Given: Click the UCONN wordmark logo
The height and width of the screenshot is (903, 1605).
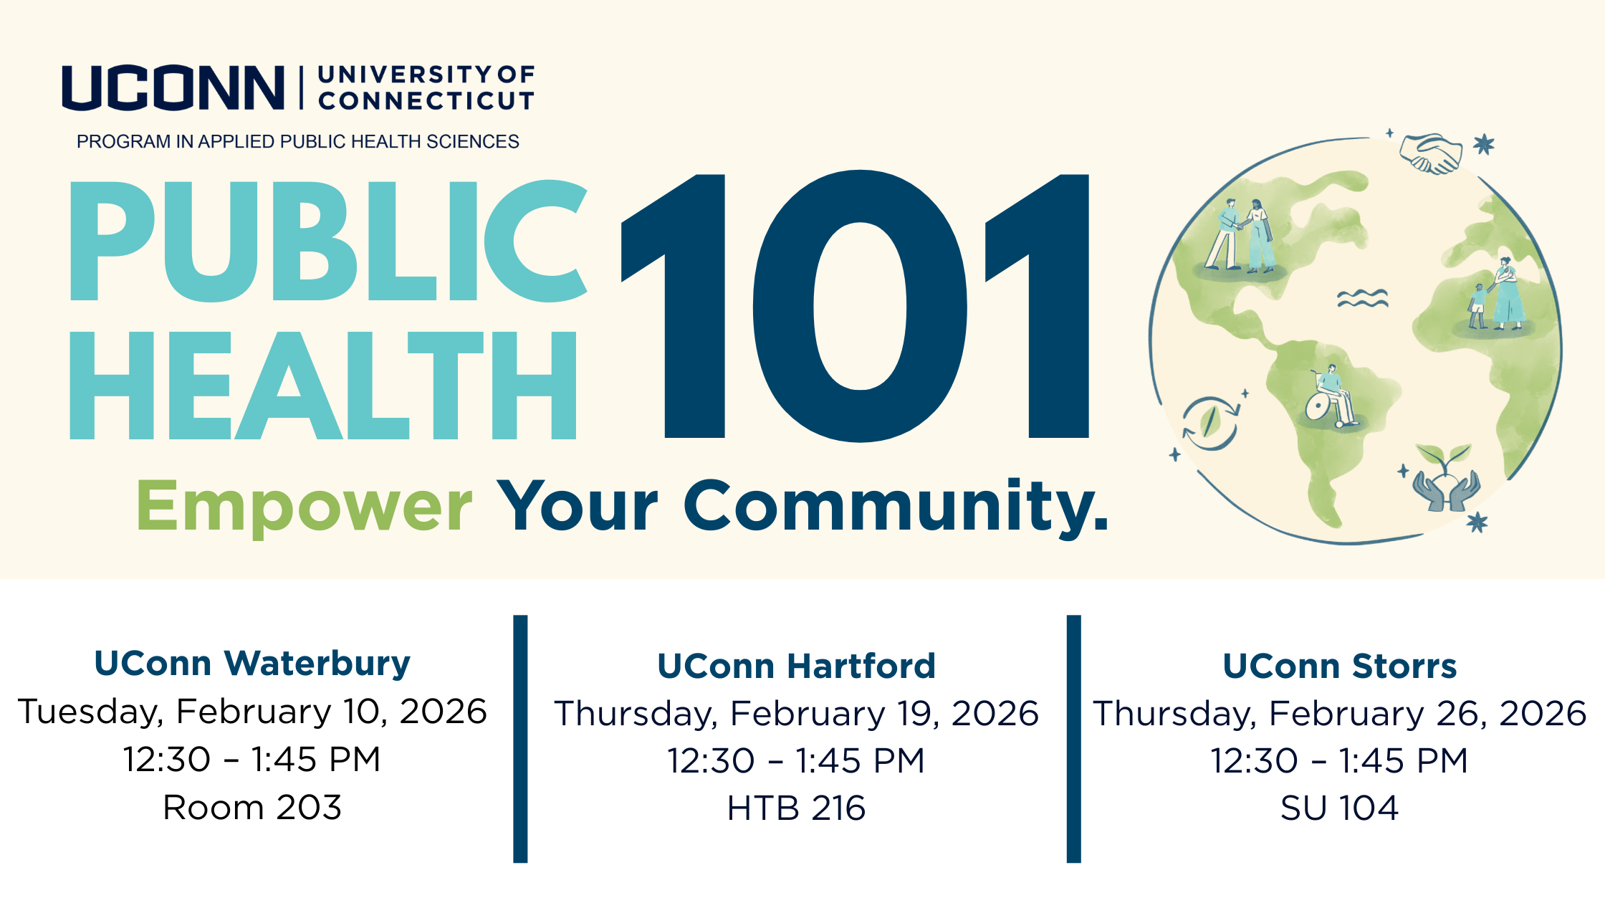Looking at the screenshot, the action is pyautogui.click(x=173, y=88).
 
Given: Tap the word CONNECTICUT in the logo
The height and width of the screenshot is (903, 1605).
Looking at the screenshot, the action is pyautogui.click(x=426, y=101).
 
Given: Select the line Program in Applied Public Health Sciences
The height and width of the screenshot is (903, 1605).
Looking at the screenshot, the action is pyautogui.click(x=297, y=142).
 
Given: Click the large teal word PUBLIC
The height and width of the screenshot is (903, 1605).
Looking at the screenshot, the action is pyautogui.click(x=328, y=240).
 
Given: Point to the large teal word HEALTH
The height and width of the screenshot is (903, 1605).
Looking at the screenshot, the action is pyautogui.click(x=322, y=385).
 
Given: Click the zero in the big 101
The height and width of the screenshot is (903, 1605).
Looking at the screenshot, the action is pyautogui.click(x=860, y=306).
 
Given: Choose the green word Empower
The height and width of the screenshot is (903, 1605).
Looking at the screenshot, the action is pyautogui.click(x=304, y=507).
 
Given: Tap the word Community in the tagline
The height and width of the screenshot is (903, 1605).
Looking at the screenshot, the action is pyautogui.click(x=896, y=507).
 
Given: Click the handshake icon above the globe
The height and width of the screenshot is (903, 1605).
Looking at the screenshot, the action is pyautogui.click(x=1431, y=153).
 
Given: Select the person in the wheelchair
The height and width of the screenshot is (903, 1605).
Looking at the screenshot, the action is pyautogui.click(x=1331, y=398).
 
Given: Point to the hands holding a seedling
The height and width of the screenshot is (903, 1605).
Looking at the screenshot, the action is pyautogui.click(x=1446, y=478).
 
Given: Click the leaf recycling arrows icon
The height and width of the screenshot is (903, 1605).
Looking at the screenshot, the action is pyautogui.click(x=1209, y=423).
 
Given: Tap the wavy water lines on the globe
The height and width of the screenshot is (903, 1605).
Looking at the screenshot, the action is pyautogui.click(x=1362, y=298).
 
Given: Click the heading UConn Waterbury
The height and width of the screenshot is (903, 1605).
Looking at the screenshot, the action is pyautogui.click(x=252, y=663).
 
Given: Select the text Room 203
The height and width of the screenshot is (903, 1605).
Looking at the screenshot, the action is pyautogui.click(x=252, y=808).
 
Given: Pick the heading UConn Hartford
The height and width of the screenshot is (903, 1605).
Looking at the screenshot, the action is pyautogui.click(x=796, y=666).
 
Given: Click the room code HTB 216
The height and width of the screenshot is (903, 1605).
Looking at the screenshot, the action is pyautogui.click(x=796, y=808).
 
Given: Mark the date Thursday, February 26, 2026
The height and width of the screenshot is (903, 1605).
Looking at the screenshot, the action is pyautogui.click(x=1339, y=714).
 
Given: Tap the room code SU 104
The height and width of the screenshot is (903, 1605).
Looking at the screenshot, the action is pyautogui.click(x=1339, y=808).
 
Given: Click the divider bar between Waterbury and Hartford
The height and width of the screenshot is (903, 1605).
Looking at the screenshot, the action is pyautogui.click(x=520, y=739).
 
